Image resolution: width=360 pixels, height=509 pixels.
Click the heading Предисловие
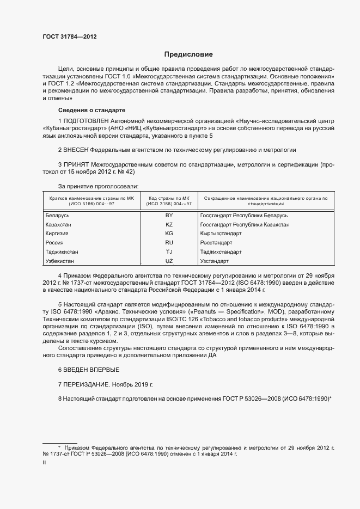coord(188,54)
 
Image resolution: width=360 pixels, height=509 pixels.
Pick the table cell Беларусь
coord(58,216)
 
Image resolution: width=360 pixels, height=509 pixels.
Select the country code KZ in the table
coord(169,224)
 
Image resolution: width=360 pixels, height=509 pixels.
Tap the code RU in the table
coord(169,243)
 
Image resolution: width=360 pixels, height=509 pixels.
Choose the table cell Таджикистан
coord(62,252)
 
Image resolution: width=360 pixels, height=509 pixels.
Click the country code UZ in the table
coord(169,261)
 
